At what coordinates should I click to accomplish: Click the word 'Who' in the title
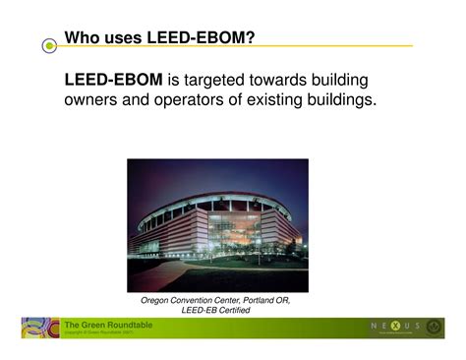pyautogui.click(x=83, y=38)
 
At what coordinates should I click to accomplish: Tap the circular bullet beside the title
pyautogui.click(x=49, y=46)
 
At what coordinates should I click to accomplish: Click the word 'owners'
pyautogui.click(x=93, y=100)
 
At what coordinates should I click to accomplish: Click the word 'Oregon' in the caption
pyautogui.click(x=160, y=299)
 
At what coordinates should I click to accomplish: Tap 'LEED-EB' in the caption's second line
pyautogui.click(x=201, y=310)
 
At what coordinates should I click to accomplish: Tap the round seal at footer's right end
pyautogui.click(x=434, y=328)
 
